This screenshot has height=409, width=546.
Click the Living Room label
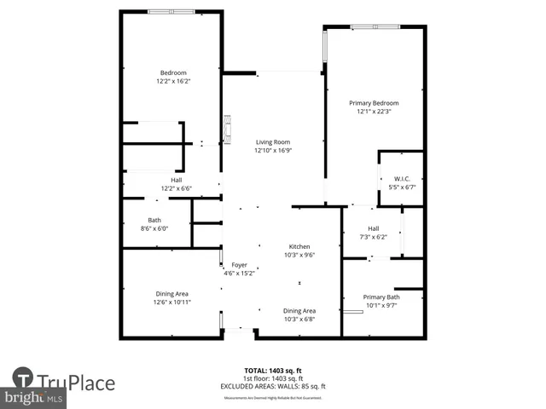point(272,142)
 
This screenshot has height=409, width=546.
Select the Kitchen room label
point(299,246)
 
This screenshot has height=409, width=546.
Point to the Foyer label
point(239,265)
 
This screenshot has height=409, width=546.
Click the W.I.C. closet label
point(400,179)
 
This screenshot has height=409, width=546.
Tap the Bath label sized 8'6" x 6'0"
point(154,220)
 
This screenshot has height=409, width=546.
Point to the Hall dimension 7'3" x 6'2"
point(373,238)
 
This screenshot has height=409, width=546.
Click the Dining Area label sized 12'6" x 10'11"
point(171,293)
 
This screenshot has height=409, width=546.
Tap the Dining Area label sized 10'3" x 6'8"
point(299,311)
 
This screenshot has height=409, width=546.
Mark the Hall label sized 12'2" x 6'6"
point(177,180)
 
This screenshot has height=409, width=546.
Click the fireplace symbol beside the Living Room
point(227,130)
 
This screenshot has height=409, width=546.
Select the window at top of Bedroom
point(170,11)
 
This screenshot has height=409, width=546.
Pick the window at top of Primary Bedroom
point(375,27)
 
